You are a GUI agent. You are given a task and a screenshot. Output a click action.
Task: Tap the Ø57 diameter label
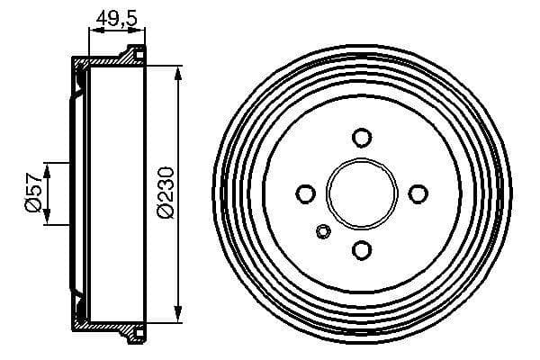[x=33, y=193]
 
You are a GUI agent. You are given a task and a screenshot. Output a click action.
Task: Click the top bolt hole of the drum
[x=362, y=138]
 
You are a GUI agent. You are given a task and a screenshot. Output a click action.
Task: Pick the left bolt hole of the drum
[x=305, y=193]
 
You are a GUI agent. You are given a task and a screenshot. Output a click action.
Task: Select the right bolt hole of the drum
[x=418, y=193]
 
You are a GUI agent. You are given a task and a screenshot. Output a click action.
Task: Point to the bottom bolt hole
[x=362, y=250]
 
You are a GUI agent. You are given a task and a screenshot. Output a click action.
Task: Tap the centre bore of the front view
[x=362, y=193]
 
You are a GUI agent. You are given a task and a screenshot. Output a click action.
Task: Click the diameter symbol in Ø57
[x=33, y=209]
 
